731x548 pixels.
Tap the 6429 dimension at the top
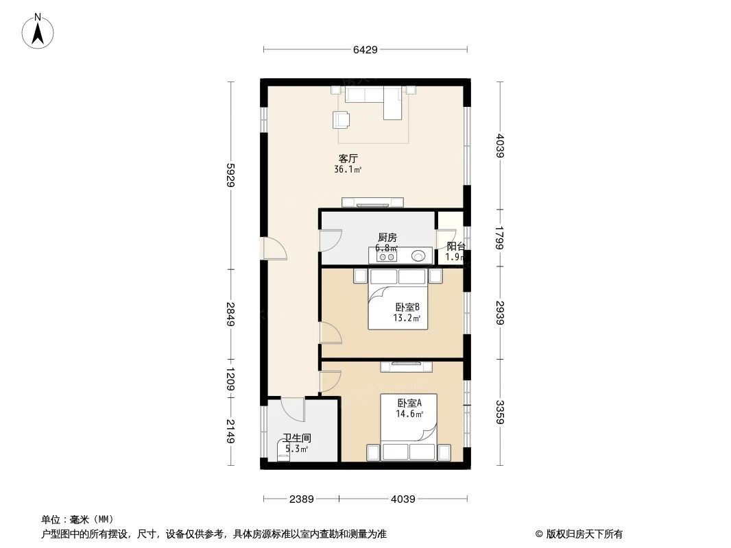click(x=365, y=49)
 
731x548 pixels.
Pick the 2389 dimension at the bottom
click(x=301, y=499)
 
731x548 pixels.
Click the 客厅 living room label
click(x=348, y=158)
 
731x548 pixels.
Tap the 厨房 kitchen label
click(x=387, y=237)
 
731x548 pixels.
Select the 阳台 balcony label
click(x=456, y=247)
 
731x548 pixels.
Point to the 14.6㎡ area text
click(x=409, y=414)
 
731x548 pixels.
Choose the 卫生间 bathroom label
click(x=297, y=438)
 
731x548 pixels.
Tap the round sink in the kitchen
click(x=419, y=257)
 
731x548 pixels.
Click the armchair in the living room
click(x=341, y=120)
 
